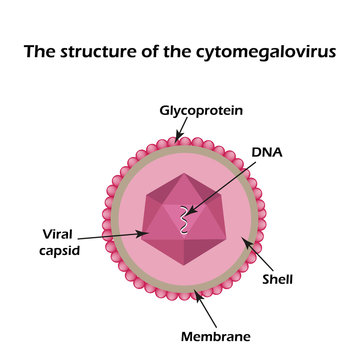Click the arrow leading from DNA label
pos(226,189)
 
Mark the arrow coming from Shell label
pos(258,258)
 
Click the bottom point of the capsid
pos(183,269)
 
